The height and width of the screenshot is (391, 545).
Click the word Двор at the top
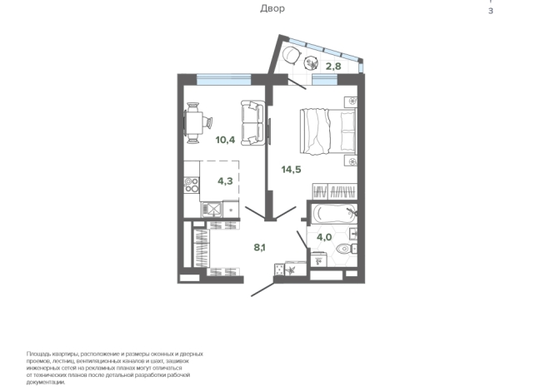pos(272,8)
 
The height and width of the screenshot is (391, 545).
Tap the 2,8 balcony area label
pos(333,66)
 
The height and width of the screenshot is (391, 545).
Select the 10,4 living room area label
pos(225,140)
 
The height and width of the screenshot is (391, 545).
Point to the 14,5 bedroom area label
pos(292,170)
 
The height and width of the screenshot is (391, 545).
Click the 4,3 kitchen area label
pos(225,181)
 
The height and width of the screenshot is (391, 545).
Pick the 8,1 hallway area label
pos(259,247)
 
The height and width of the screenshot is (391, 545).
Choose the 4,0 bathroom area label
pos(324,237)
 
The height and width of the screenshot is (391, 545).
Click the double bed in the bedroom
pos(328,131)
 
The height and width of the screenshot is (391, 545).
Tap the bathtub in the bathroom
pos(334,213)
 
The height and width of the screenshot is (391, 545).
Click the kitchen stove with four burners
pos(192,185)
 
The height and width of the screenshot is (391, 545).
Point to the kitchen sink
pos(212,209)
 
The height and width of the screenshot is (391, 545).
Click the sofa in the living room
pos(253,123)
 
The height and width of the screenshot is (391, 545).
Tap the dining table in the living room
pos(193,123)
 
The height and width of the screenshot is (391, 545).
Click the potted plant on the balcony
pos(311,63)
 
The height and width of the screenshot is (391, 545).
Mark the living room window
pos(224,80)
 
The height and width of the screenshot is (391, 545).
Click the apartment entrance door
pos(262,289)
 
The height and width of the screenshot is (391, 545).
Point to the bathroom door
pos(302,240)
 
